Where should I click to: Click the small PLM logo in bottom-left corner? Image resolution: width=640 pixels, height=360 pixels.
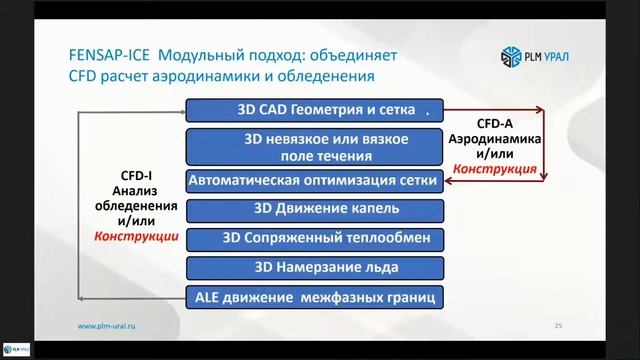(16, 350)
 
